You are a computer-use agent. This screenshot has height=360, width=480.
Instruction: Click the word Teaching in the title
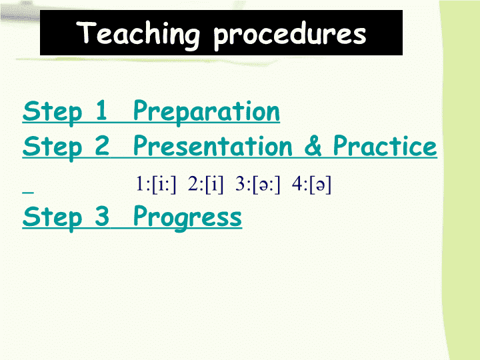point(138,34)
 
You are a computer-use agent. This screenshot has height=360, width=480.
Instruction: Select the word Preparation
point(206,113)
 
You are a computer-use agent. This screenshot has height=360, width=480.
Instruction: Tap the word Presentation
point(213,146)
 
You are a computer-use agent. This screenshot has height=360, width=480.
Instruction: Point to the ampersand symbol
point(313,146)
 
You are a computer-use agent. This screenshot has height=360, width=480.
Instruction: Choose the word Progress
point(187,218)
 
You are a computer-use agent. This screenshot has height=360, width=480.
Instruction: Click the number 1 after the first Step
point(101,110)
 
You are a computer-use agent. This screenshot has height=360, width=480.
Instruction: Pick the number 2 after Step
point(102,145)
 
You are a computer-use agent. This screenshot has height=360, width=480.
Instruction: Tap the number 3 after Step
point(102,216)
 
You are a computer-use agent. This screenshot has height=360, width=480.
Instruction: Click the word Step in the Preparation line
point(53,113)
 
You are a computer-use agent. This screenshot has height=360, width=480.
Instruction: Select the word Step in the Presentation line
point(53,148)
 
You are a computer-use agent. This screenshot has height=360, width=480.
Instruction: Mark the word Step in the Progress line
point(53,219)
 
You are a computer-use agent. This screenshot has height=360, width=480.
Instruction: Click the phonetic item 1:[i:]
point(156,184)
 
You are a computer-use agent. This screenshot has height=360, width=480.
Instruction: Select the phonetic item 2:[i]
point(206,184)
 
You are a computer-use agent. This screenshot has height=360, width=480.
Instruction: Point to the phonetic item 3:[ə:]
point(258,185)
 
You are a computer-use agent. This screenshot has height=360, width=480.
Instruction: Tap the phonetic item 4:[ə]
point(311,185)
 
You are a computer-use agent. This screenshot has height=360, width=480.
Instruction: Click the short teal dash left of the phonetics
point(28,193)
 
